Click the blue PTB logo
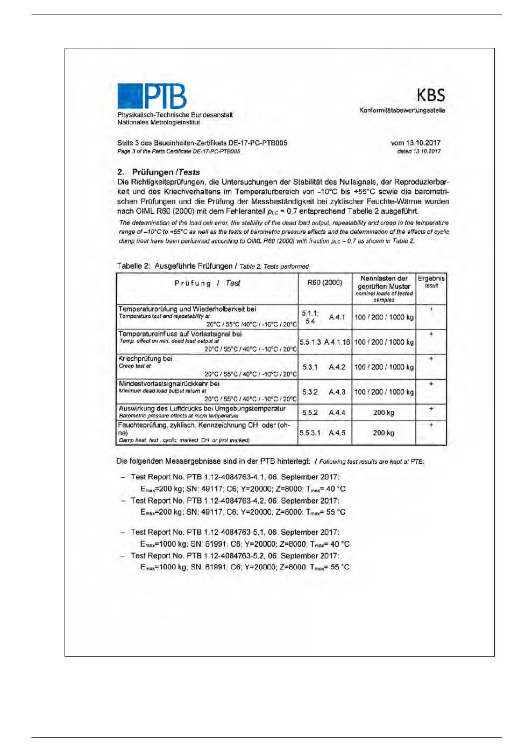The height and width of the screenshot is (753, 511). pyautogui.click(x=151, y=96)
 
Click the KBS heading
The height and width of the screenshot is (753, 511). pyautogui.click(x=430, y=96)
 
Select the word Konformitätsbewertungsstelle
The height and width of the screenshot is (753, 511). pyautogui.click(x=402, y=110)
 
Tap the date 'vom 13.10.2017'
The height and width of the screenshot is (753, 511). pyautogui.click(x=415, y=143)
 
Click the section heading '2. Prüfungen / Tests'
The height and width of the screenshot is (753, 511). pyautogui.click(x=159, y=172)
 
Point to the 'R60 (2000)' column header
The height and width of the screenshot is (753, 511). pyautogui.click(x=325, y=283)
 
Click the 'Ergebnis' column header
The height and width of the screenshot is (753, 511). pyautogui.click(x=431, y=279)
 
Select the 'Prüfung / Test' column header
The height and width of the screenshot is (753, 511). pyautogui.click(x=207, y=283)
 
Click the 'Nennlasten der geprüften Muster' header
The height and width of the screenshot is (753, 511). pyautogui.click(x=384, y=283)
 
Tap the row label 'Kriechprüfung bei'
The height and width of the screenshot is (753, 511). pyautogui.click(x=146, y=359)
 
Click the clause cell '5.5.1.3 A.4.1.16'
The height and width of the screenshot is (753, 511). pyautogui.click(x=325, y=342)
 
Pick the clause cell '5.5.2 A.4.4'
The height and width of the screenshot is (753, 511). pyautogui.click(x=324, y=413)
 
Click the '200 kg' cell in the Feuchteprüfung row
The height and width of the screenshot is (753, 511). pyautogui.click(x=384, y=433)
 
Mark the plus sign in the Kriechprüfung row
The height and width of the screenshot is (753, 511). pyautogui.click(x=431, y=359)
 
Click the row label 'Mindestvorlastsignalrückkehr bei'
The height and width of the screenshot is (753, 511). pyautogui.click(x=169, y=384)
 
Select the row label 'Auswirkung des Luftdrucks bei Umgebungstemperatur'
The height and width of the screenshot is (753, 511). pyautogui.click(x=202, y=409)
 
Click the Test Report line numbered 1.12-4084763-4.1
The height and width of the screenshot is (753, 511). pyautogui.click(x=235, y=477)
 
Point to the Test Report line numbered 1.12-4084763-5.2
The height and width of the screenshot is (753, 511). pyautogui.click(x=235, y=556)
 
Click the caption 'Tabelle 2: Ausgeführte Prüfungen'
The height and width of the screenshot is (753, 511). pyautogui.click(x=174, y=266)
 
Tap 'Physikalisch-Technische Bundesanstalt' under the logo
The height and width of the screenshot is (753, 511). pyautogui.click(x=175, y=115)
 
